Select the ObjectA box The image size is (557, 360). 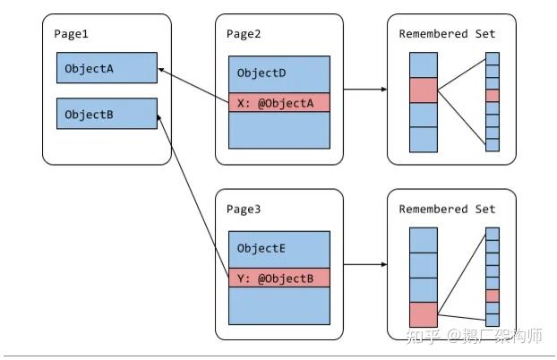(x=107, y=69)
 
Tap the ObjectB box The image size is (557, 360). (x=107, y=114)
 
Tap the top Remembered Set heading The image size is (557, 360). (x=446, y=35)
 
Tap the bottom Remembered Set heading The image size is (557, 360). (x=446, y=210)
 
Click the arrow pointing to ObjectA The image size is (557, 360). (x=193, y=84)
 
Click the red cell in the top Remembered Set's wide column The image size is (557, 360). (x=423, y=90)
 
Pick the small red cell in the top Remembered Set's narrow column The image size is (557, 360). (x=492, y=95)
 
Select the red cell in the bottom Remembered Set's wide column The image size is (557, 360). (x=423, y=314)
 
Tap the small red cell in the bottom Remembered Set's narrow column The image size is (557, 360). (x=492, y=296)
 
